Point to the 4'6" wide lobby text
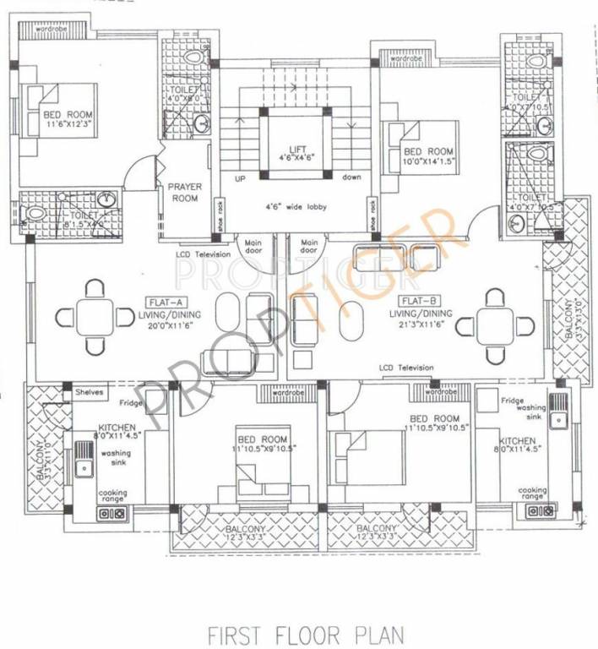296,207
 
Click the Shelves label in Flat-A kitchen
89,393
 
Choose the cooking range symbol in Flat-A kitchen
112,512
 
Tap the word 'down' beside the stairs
352,177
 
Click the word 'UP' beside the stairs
240,178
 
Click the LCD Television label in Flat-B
406,368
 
